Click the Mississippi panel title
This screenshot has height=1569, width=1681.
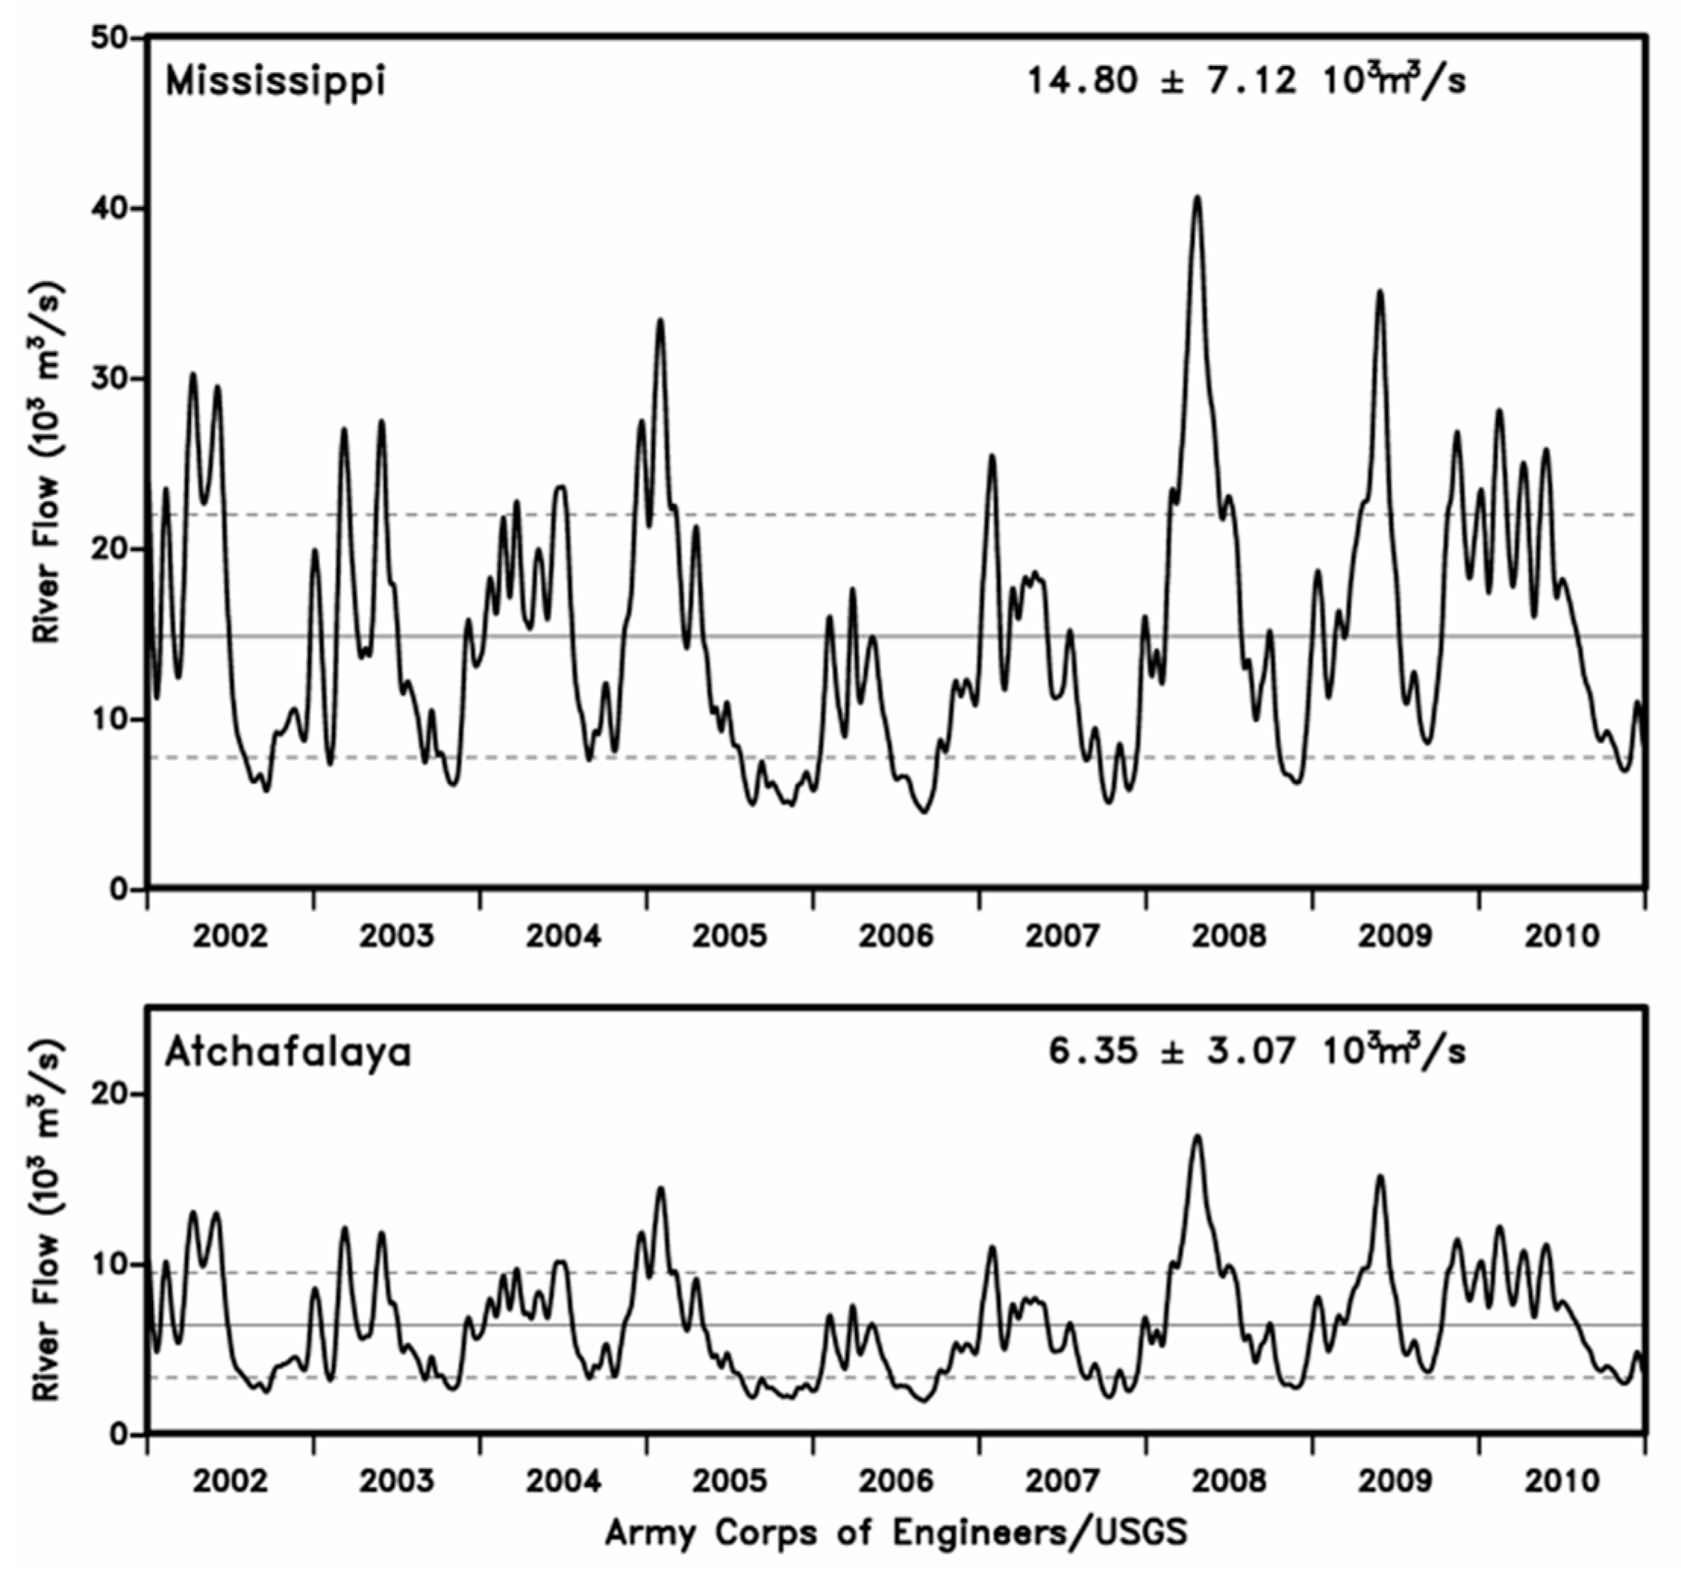(x=276, y=83)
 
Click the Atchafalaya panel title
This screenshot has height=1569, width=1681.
(x=288, y=1053)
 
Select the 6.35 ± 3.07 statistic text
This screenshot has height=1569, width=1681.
(x=1257, y=1052)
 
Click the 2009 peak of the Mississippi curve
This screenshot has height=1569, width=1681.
(x=1380, y=292)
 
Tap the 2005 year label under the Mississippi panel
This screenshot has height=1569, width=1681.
(x=729, y=935)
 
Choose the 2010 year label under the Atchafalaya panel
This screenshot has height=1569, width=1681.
(x=1562, y=1481)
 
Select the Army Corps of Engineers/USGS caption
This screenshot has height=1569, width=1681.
(x=896, y=1532)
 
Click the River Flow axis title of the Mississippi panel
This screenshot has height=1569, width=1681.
(x=48, y=461)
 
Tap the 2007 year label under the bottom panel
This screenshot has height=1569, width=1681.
(x=1062, y=1481)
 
